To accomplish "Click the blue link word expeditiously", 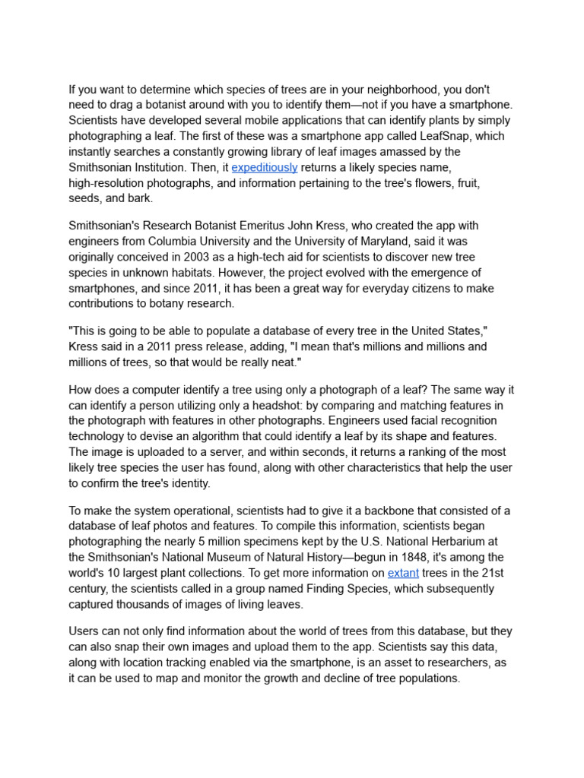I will [264, 167].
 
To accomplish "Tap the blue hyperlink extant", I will [403, 573].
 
